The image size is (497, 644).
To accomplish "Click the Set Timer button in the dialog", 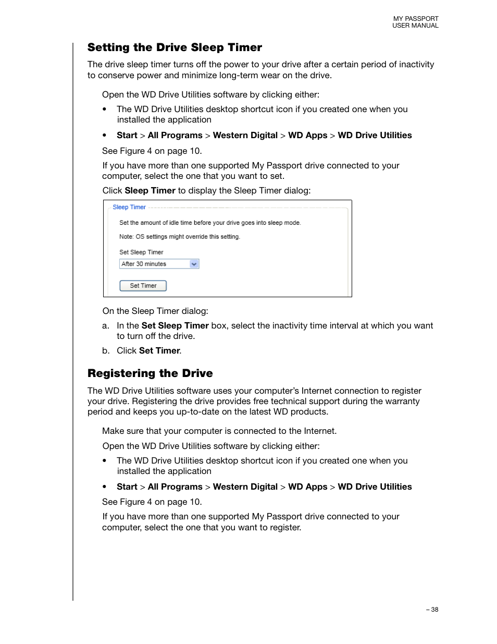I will [x=143, y=286].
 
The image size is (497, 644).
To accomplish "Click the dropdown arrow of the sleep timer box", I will [x=194, y=264].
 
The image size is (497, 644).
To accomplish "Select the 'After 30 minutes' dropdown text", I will [x=144, y=264].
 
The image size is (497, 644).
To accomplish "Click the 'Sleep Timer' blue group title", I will [x=129, y=207].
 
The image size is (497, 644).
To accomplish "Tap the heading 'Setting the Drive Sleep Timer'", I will [x=175, y=47].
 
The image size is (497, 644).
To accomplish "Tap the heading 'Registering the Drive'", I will [x=150, y=373].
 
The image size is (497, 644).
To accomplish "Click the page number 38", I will [x=434, y=610].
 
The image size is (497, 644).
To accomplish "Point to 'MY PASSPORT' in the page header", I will [x=415, y=19].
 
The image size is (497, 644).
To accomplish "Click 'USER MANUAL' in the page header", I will [x=415, y=26].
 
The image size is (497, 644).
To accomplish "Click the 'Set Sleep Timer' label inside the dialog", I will [x=141, y=252].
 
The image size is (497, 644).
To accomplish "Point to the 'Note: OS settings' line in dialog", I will [x=179, y=237].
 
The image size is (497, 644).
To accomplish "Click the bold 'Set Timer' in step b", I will [x=159, y=351].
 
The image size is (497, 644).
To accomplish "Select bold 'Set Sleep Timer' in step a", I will [x=175, y=326].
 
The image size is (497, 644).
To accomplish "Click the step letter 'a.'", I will [x=106, y=326].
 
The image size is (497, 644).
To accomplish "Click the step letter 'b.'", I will [x=106, y=351].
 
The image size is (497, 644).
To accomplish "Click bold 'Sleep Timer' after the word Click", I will [x=150, y=191].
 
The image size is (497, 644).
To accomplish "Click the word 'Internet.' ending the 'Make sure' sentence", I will [x=320, y=431].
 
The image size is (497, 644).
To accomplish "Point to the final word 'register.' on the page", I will [x=285, y=528].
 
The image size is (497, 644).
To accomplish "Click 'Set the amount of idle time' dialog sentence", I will [x=210, y=223].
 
